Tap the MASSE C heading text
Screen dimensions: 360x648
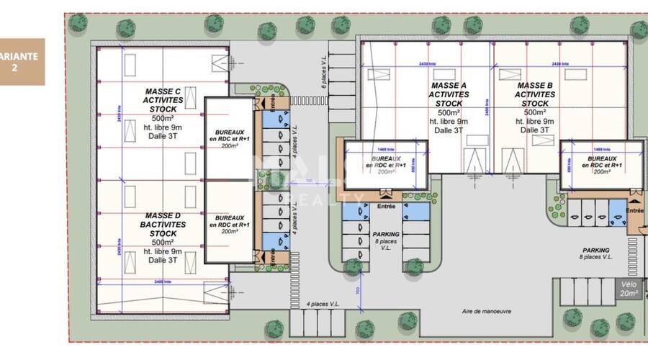(x=163, y=91)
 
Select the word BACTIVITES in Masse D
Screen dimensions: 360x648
(x=163, y=225)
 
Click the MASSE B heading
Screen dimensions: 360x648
(x=534, y=86)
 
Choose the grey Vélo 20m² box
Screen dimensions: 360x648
(x=629, y=288)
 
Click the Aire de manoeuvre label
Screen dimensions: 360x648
(x=486, y=312)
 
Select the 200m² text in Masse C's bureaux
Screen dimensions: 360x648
(x=230, y=145)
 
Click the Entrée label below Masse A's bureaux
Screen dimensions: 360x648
(x=386, y=207)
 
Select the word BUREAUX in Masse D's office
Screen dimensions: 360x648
(x=230, y=217)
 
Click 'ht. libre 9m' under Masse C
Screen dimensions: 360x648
(x=163, y=127)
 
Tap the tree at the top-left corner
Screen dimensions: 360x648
(x=76, y=22)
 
